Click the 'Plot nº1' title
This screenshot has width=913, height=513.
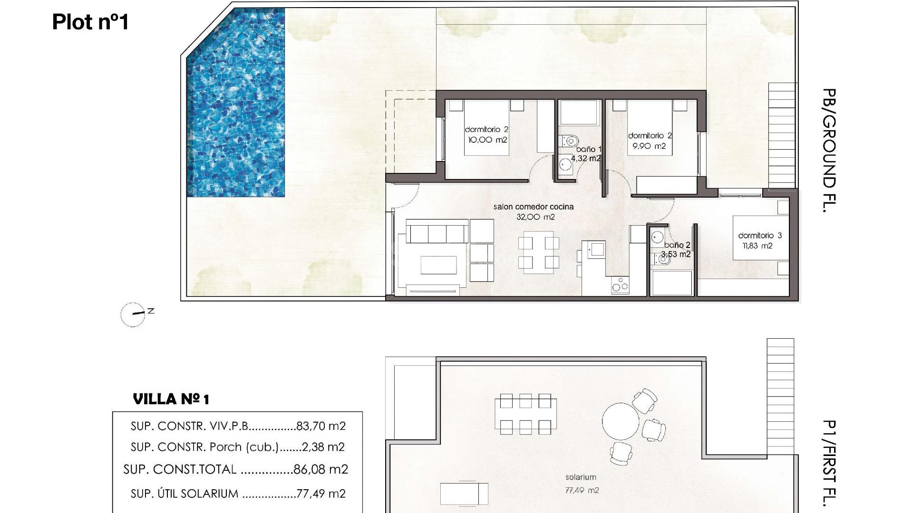[90, 22]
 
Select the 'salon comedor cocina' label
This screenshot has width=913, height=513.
[533, 207]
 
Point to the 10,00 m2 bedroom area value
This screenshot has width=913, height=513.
[487, 140]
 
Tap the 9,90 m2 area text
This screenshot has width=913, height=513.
[649, 146]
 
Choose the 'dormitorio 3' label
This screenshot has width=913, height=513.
[759, 236]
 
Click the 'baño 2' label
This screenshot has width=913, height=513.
[677, 245]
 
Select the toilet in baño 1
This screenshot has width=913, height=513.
[569, 141]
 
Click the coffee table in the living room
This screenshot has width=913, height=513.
[438, 265]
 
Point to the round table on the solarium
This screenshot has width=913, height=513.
[621, 421]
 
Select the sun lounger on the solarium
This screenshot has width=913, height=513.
[464, 494]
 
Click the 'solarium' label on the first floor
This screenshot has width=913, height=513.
[581, 477]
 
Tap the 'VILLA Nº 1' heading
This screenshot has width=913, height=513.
[171, 399]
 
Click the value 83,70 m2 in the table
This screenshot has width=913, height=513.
[321, 426]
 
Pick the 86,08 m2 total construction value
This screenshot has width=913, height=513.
[321, 469]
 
